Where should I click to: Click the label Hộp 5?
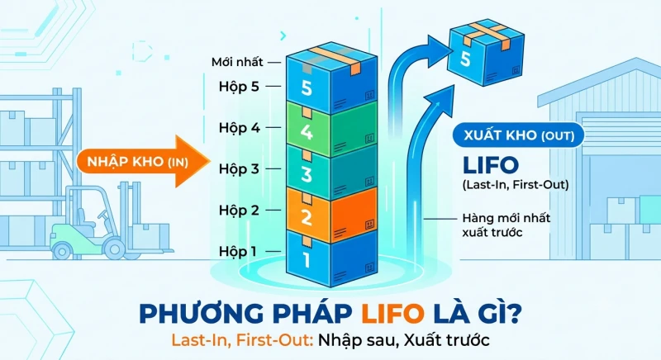coord(239,87)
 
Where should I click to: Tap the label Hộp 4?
coord(239,128)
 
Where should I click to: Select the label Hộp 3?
coord(239,168)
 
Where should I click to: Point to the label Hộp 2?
coord(239,210)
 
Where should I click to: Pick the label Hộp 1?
coord(237,251)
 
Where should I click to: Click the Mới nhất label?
coord(237,62)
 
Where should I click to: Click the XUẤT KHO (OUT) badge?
coord(519,135)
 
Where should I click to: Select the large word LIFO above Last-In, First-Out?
coord(491,165)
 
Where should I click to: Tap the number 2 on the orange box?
coord(306,216)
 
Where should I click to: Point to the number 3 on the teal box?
coord(306,173)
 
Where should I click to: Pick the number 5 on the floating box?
coord(465,59)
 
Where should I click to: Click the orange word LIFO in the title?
coord(393,314)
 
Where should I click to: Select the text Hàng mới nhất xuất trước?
coord(506,225)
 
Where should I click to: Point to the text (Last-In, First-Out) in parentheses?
coord(516,185)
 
